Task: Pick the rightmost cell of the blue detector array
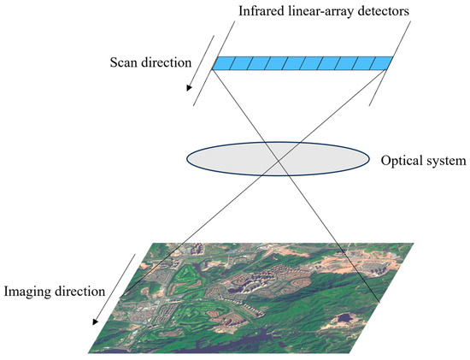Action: click(384, 63)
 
